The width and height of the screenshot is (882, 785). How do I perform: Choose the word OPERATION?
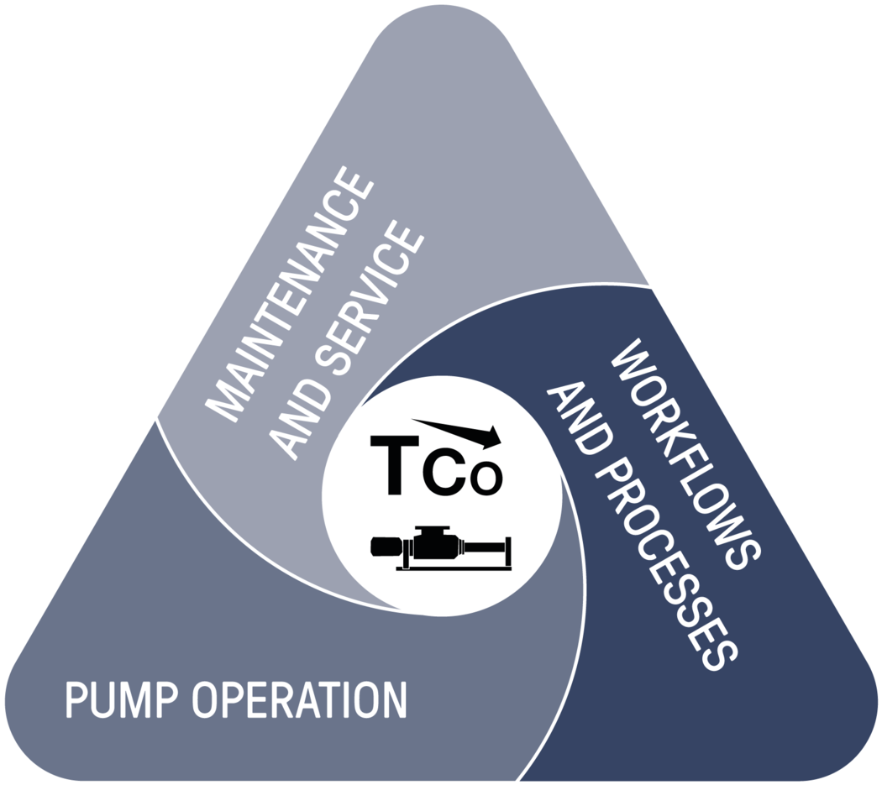302,700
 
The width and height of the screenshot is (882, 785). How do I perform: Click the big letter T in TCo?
392,466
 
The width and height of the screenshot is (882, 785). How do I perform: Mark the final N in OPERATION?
395,700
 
